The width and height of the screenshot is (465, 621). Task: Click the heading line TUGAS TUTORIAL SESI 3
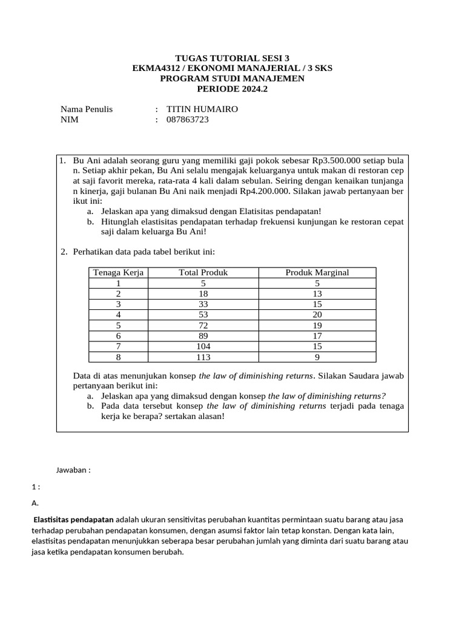(232, 58)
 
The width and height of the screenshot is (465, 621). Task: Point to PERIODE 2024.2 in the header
(232, 89)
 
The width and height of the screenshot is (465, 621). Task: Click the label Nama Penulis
(87, 109)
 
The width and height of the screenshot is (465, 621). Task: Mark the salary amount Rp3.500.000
(336, 161)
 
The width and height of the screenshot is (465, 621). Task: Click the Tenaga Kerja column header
(118, 272)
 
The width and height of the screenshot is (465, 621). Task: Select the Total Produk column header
(203, 272)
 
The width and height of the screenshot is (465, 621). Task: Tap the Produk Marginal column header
(317, 272)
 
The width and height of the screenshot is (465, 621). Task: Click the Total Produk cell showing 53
(203, 315)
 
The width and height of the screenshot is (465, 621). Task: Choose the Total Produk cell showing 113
(203, 357)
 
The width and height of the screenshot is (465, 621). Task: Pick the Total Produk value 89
(203, 336)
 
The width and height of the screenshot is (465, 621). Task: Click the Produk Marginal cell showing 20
(317, 315)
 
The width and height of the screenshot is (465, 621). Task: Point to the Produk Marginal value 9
(317, 357)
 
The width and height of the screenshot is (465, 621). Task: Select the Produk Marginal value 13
(317, 294)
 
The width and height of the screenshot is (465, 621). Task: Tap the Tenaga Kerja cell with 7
(118, 346)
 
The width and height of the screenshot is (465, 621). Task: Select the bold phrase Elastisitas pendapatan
(73, 520)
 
